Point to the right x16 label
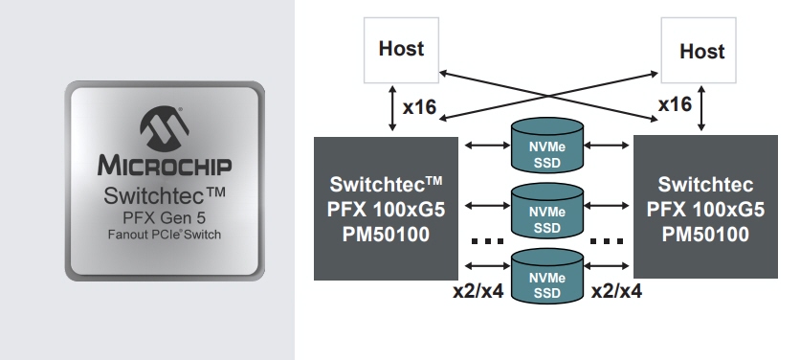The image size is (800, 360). tap(676, 104)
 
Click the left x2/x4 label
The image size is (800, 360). tap(478, 290)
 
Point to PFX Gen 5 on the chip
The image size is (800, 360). tap(165, 218)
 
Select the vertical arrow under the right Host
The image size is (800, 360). tap(703, 107)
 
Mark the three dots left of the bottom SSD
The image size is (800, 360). tap(487, 239)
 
